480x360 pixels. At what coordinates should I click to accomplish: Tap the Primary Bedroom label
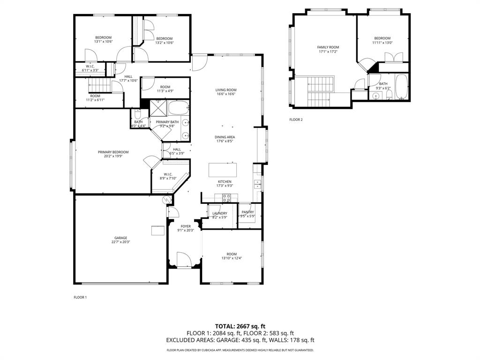(113, 152)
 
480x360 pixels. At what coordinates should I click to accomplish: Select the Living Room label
(225, 90)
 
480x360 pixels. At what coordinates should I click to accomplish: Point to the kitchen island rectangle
(223, 168)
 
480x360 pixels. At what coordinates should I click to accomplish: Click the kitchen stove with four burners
(227, 197)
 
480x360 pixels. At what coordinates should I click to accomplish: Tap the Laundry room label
(219, 213)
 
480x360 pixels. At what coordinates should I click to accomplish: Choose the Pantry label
(247, 212)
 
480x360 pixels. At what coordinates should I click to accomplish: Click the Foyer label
(186, 226)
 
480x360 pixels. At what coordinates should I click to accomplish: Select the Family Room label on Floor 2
(328, 47)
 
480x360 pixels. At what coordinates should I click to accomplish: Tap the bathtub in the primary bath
(178, 108)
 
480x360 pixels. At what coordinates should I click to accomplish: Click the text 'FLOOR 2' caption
(296, 120)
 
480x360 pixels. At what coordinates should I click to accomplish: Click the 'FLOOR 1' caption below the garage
(80, 297)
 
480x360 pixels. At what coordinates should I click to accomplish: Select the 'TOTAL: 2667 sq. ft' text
(240, 326)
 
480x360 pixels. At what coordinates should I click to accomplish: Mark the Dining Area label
(225, 137)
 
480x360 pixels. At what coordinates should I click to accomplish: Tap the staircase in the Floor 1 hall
(99, 85)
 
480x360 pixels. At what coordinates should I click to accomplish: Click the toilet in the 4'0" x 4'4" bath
(137, 114)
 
